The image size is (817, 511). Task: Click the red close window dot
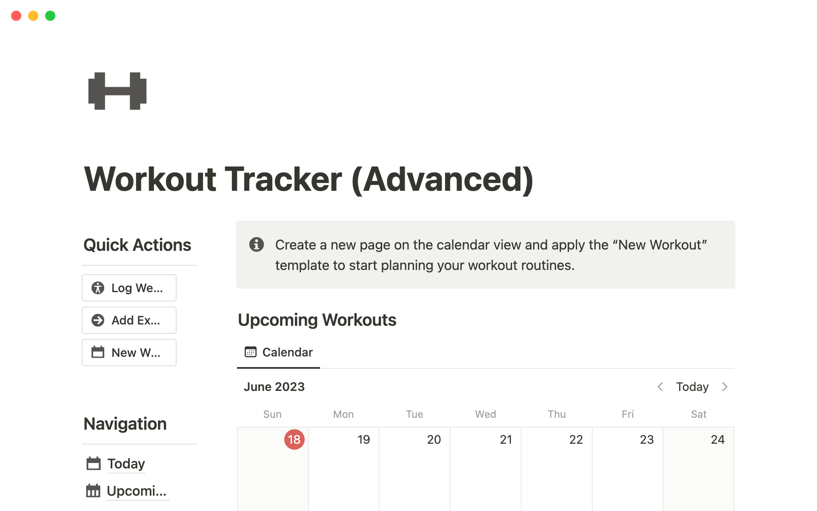(x=16, y=16)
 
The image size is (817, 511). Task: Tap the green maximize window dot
(x=50, y=16)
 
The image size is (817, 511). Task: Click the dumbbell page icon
(x=117, y=91)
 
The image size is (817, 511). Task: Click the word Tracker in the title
(x=283, y=179)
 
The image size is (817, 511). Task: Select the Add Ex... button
(x=129, y=320)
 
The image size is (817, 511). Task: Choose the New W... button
(x=129, y=353)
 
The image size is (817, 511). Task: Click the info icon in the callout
(x=256, y=244)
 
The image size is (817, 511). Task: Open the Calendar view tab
(x=279, y=352)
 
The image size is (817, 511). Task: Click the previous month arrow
(x=660, y=387)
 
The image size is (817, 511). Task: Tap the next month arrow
(x=725, y=387)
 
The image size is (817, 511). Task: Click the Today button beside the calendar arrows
(x=692, y=387)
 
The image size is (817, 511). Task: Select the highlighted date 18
(x=294, y=439)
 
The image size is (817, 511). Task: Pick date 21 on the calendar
(x=506, y=439)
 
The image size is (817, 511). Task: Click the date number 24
(x=717, y=439)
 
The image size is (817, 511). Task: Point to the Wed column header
(x=486, y=414)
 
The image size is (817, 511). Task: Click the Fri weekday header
(x=628, y=414)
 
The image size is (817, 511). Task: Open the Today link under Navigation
(x=126, y=463)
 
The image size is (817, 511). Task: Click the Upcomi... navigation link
(x=137, y=491)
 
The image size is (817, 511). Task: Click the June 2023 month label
(x=274, y=387)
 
